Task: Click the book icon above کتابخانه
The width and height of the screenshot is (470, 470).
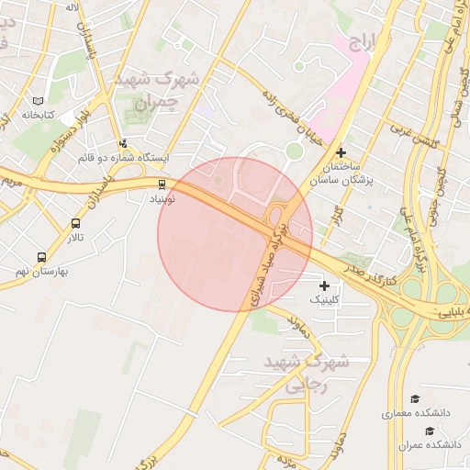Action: [38, 101]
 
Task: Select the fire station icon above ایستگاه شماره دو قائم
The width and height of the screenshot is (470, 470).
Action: [124, 143]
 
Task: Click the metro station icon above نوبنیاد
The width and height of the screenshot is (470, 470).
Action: [162, 184]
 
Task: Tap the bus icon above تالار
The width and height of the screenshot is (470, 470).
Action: [75, 223]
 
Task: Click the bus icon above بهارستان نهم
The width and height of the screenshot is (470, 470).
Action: [40, 258]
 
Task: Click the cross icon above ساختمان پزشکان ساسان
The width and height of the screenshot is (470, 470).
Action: [341, 152]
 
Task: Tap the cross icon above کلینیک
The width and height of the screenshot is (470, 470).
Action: [324, 286]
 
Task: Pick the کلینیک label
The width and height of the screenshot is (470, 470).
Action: [324, 300]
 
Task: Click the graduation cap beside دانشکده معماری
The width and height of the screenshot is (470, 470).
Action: [415, 399]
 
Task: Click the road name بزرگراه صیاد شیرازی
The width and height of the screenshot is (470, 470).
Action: [270, 262]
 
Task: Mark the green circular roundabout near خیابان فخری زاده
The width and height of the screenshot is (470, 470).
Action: [294, 151]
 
